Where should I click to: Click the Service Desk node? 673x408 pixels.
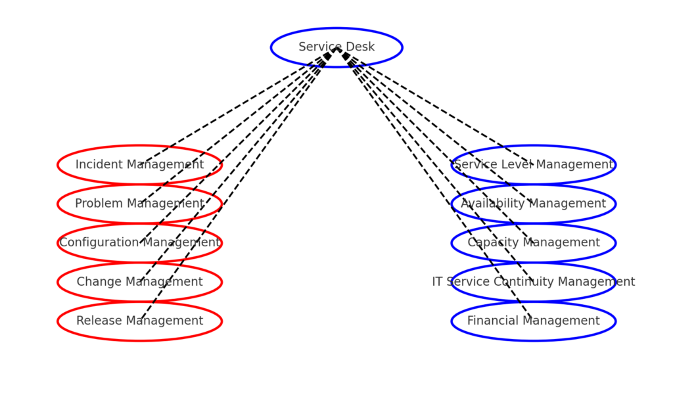pos(336,47)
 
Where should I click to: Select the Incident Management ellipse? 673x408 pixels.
pos(139,165)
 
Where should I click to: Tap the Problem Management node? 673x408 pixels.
pos(139,204)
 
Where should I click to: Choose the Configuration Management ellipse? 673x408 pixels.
pos(139,243)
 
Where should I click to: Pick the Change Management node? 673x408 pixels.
pos(139,282)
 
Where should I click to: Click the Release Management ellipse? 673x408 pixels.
pos(139,321)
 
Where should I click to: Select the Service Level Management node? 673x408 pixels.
pos(534,165)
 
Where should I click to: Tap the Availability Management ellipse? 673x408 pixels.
pos(534,204)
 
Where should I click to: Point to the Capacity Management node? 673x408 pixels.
pos(534,243)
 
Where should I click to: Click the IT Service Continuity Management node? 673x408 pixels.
pos(534,282)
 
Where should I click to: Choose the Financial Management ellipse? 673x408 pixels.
pos(534,321)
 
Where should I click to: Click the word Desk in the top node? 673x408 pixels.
pos(360,47)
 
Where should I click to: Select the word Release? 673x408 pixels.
pos(96,321)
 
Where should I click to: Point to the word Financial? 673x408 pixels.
pos(490,321)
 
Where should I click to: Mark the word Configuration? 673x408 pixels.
pos(98,243)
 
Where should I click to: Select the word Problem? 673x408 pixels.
pos(96,204)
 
